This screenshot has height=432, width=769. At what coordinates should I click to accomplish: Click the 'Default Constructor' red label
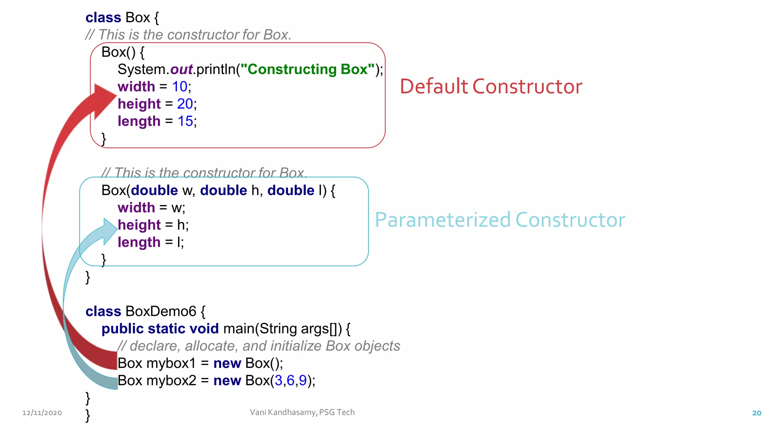pos(491,87)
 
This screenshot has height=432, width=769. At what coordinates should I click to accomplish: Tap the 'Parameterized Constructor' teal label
pos(500,220)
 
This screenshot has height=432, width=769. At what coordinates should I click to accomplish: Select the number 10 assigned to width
pos(179,87)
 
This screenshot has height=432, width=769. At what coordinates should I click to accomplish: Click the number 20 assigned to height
pos(185,104)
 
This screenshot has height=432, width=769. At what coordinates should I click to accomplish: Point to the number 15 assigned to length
pos(185,121)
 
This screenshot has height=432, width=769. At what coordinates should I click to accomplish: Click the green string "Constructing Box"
pos(308,69)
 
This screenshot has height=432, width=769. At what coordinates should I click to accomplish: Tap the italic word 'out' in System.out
pos(181,69)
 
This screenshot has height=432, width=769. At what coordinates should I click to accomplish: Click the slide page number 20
pos(757,413)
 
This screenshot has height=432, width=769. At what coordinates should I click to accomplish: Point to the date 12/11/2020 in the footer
pos(42,413)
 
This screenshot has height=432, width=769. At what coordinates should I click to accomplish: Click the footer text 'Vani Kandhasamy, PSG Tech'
pos(302,412)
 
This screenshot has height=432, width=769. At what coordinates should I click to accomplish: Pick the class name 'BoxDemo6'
pos(161,311)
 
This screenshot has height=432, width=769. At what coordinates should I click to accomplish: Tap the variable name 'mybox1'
pos(171,363)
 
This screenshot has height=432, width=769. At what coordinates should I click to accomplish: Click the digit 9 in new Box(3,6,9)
pos(303,381)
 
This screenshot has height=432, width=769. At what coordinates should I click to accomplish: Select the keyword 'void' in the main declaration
pos(204,328)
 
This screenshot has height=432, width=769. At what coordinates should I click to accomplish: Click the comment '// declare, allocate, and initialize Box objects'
pos(259,346)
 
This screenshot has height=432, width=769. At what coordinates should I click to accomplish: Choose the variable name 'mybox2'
pos(171,381)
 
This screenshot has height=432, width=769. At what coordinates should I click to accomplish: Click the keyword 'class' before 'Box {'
pos(103,18)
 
